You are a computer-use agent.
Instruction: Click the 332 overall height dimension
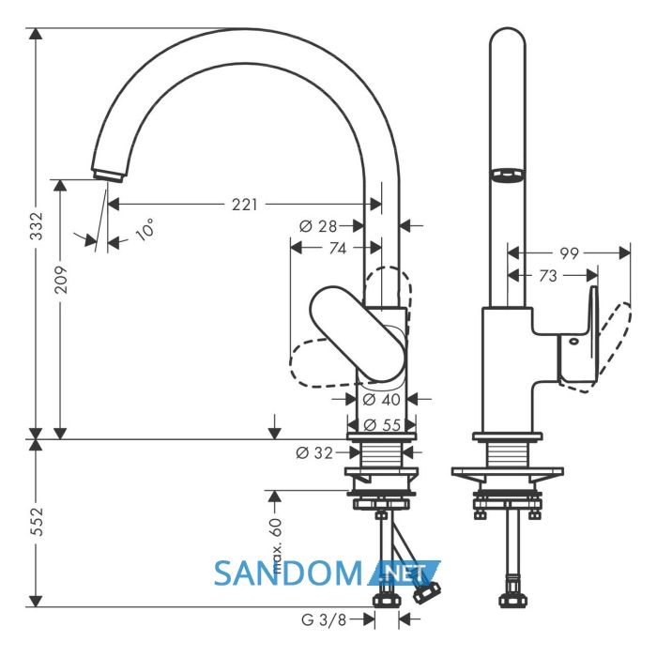38,226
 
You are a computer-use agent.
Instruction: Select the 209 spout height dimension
61,280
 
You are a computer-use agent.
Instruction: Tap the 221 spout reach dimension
245,205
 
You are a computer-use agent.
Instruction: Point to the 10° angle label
145,230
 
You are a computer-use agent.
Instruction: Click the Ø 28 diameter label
318,226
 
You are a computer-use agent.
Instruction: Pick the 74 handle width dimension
338,248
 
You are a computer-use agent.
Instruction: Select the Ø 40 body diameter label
381,399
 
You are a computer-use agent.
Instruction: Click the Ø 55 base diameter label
382,425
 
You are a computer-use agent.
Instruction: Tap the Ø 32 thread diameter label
314,452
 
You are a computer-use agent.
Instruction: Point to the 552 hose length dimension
38,522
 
